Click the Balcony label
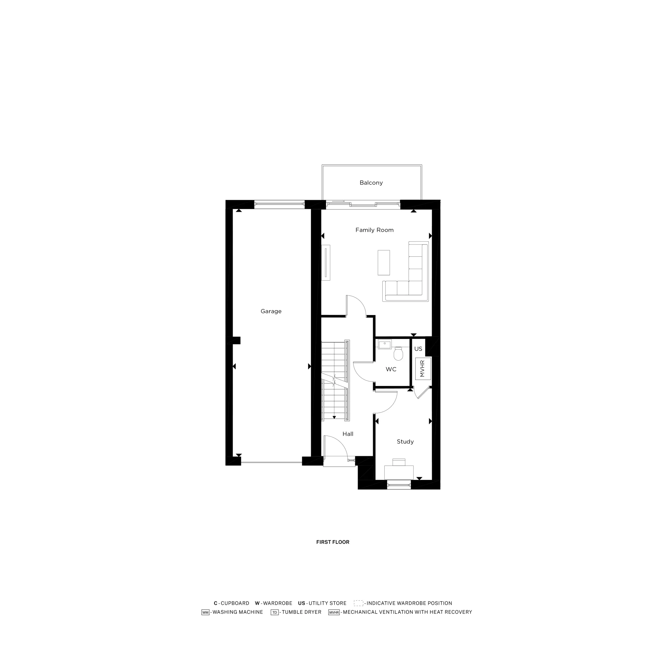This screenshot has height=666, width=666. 371,183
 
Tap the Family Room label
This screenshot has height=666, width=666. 374,230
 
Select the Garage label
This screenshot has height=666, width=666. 271,311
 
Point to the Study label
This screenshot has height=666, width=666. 405,442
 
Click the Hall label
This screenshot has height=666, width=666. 348,434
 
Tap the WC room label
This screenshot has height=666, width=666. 391,369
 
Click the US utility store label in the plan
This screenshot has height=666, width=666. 418,349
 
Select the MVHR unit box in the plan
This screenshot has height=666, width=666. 423,369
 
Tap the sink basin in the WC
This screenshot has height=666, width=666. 384,344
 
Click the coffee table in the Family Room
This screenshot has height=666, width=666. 384,263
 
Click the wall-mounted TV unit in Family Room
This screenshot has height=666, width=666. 326,263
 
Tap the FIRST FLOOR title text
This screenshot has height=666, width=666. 333,542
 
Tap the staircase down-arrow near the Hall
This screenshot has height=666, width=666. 334,418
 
